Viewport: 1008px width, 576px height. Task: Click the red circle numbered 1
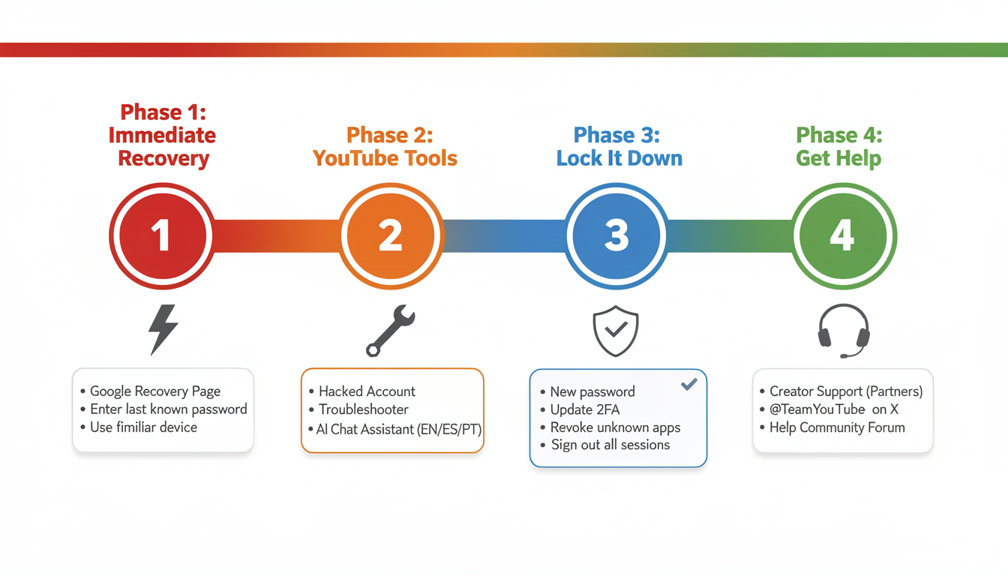[x=162, y=235]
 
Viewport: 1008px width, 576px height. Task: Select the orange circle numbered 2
[x=391, y=235]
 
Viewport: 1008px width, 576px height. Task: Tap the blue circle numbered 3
[x=616, y=235]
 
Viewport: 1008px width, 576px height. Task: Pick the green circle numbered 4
[x=843, y=235]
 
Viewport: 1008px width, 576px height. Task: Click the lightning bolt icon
[x=163, y=329]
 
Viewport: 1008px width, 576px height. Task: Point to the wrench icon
[x=390, y=331]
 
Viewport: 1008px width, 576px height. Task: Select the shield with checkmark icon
[x=616, y=331]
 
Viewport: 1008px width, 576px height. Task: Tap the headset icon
[x=844, y=331]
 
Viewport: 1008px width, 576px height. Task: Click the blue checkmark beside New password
[x=689, y=385]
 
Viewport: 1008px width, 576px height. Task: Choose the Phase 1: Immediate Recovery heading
[x=162, y=135]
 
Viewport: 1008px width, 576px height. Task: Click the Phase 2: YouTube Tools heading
[x=385, y=146]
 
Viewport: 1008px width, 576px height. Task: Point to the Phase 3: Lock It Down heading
[x=619, y=146]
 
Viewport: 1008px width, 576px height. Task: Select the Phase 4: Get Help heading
[x=838, y=146]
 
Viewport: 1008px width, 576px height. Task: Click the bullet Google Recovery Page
[x=154, y=391]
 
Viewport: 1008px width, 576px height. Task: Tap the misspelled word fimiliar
[x=143, y=427]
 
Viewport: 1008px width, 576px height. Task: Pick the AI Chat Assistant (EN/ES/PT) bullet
[x=398, y=430]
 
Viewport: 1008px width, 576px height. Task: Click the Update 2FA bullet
[x=584, y=409]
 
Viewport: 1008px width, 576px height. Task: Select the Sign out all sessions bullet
[x=610, y=445]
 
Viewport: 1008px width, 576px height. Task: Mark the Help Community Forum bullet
[x=837, y=427]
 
